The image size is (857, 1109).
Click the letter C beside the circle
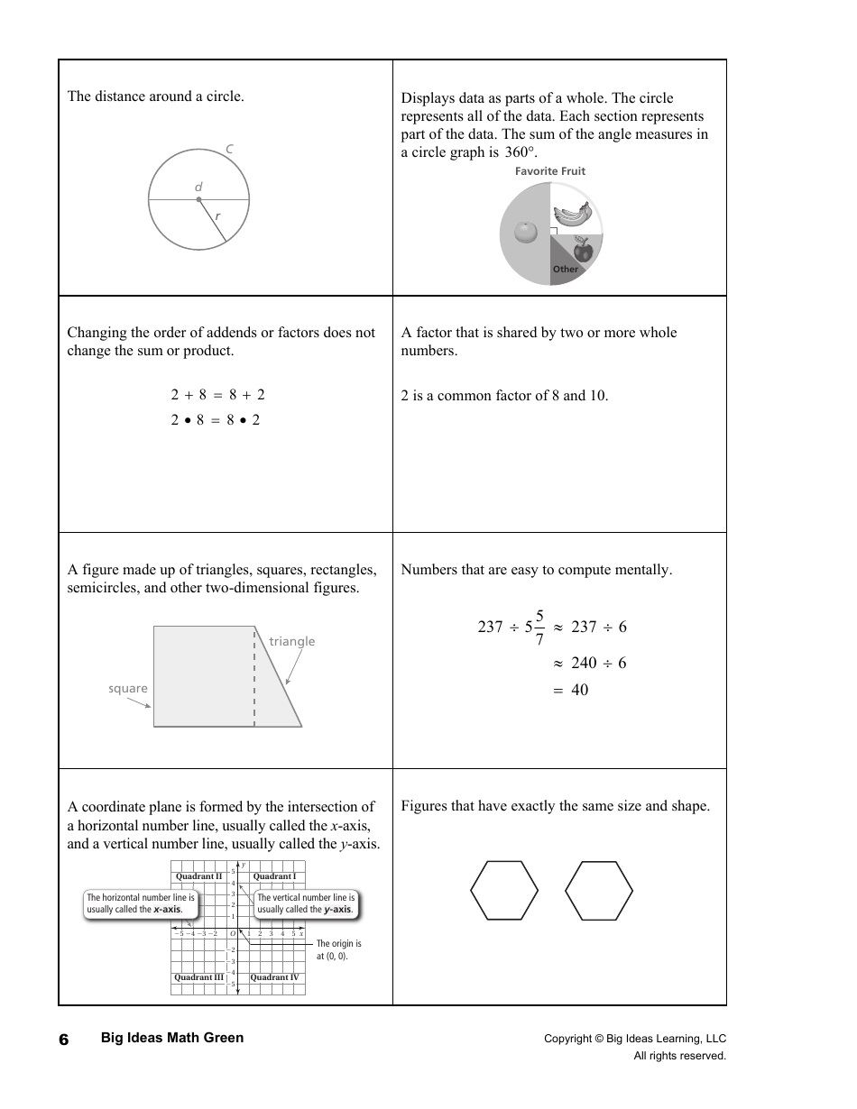(230, 149)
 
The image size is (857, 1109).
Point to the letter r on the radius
(217, 216)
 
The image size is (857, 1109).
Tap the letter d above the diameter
(198, 188)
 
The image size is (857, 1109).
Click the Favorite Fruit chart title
(550, 171)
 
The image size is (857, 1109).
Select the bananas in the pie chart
(572, 213)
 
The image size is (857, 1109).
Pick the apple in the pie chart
(583, 248)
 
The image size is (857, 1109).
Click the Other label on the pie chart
(566, 270)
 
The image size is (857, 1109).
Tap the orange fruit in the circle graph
(525, 233)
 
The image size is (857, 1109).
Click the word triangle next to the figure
(292, 642)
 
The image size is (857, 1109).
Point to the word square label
(128, 689)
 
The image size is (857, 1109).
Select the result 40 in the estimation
(579, 691)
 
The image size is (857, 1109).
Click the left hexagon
(504, 891)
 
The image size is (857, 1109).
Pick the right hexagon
(599, 891)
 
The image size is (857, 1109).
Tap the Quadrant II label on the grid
(198, 876)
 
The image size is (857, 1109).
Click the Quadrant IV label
(274, 977)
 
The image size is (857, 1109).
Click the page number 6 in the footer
(64, 1040)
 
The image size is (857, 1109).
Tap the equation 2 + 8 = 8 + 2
(217, 395)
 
